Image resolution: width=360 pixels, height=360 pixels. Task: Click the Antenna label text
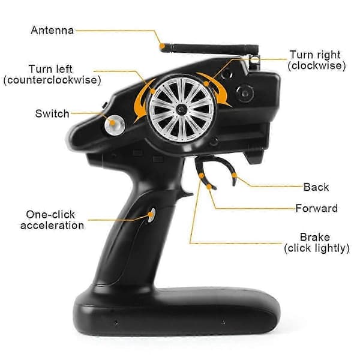pos(52,31)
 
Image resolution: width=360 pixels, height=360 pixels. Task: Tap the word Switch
pos(52,114)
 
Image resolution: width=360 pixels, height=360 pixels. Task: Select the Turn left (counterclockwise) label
pos(52,74)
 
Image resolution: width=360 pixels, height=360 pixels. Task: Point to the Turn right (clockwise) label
pos(317,60)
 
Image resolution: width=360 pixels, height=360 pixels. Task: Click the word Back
pos(316,187)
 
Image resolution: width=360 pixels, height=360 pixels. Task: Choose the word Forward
pos(316,208)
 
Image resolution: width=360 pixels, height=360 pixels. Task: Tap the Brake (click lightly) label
pos(317,242)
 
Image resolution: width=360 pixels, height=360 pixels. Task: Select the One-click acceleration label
pos(52,220)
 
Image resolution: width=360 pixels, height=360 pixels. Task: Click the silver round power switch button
pos(115,125)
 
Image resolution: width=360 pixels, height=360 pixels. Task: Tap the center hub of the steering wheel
pos(181,109)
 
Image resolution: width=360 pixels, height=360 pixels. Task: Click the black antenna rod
pos(210,49)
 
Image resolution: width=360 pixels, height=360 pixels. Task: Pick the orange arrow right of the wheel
pos(216,88)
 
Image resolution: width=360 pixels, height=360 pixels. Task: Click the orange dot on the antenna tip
pos(163,46)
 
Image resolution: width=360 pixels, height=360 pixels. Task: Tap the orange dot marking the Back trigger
pos(234,176)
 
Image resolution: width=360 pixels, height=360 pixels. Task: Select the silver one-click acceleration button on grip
pos(152,215)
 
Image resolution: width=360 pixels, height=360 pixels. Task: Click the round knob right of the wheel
pos(245,94)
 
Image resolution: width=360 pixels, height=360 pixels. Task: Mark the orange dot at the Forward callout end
pos(209,187)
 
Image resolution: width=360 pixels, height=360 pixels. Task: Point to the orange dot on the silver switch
pos(112,122)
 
